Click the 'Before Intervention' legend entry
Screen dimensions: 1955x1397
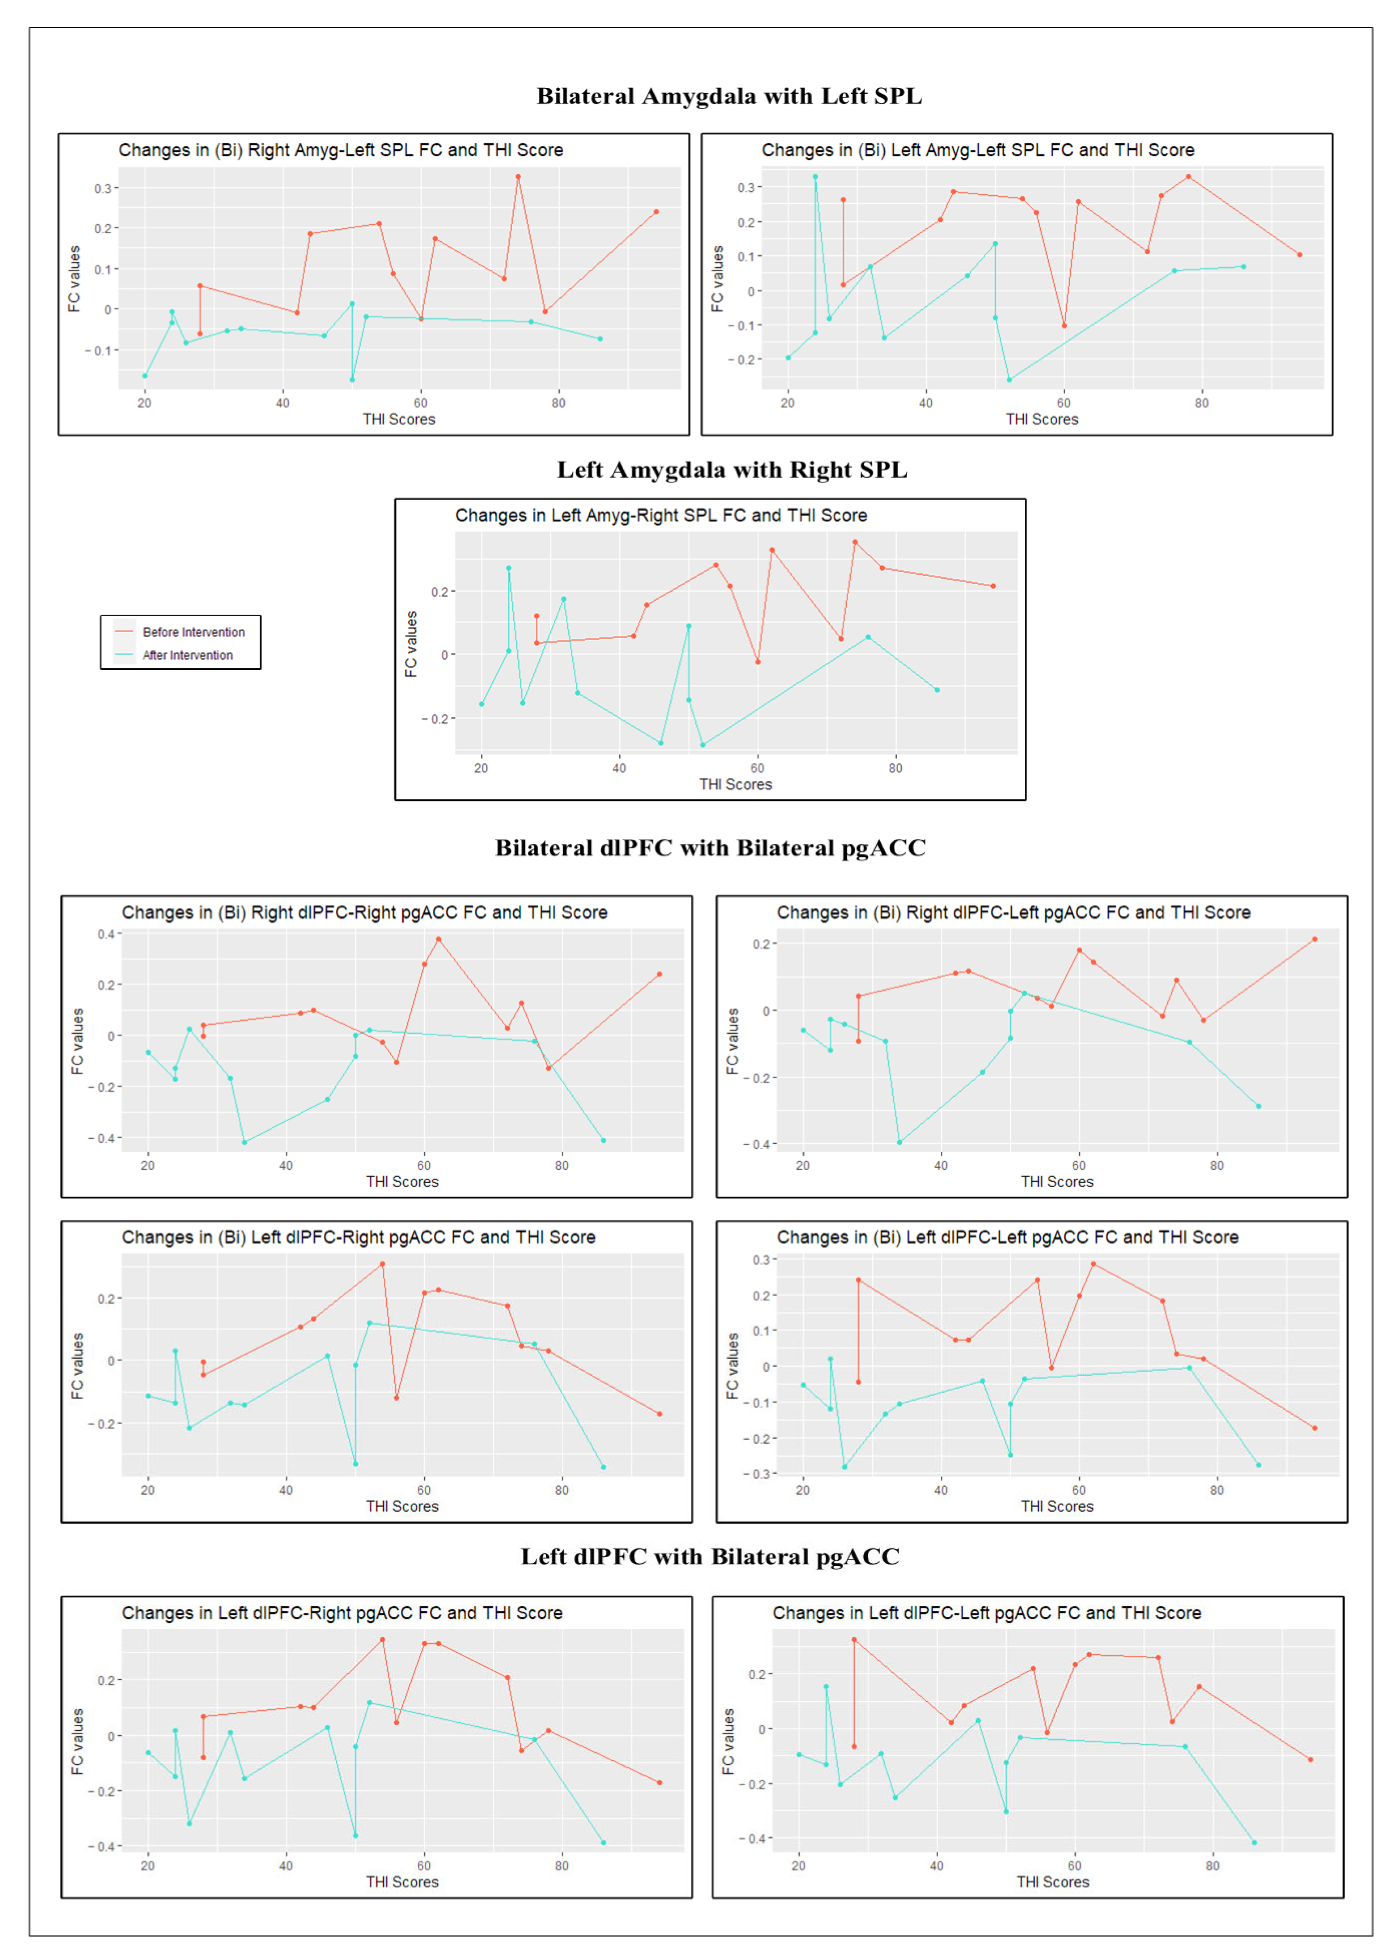193,632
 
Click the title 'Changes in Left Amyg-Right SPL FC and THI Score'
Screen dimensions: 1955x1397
660,515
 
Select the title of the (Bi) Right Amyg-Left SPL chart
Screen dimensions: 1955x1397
341,150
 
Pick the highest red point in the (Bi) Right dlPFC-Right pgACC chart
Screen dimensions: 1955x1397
438,939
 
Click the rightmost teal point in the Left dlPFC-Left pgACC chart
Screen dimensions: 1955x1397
1254,1842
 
